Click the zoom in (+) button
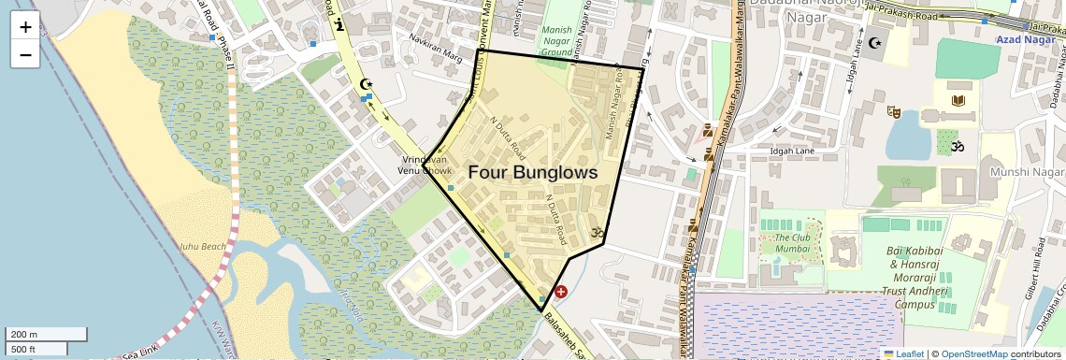click(x=25, y=27)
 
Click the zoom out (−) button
click(x=25, y=54)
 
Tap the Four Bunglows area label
click(x=532, y=173)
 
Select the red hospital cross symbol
click(x=561, y=292)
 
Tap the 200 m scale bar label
click(x=24, y=335)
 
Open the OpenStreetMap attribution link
click(x=974, y=353)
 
